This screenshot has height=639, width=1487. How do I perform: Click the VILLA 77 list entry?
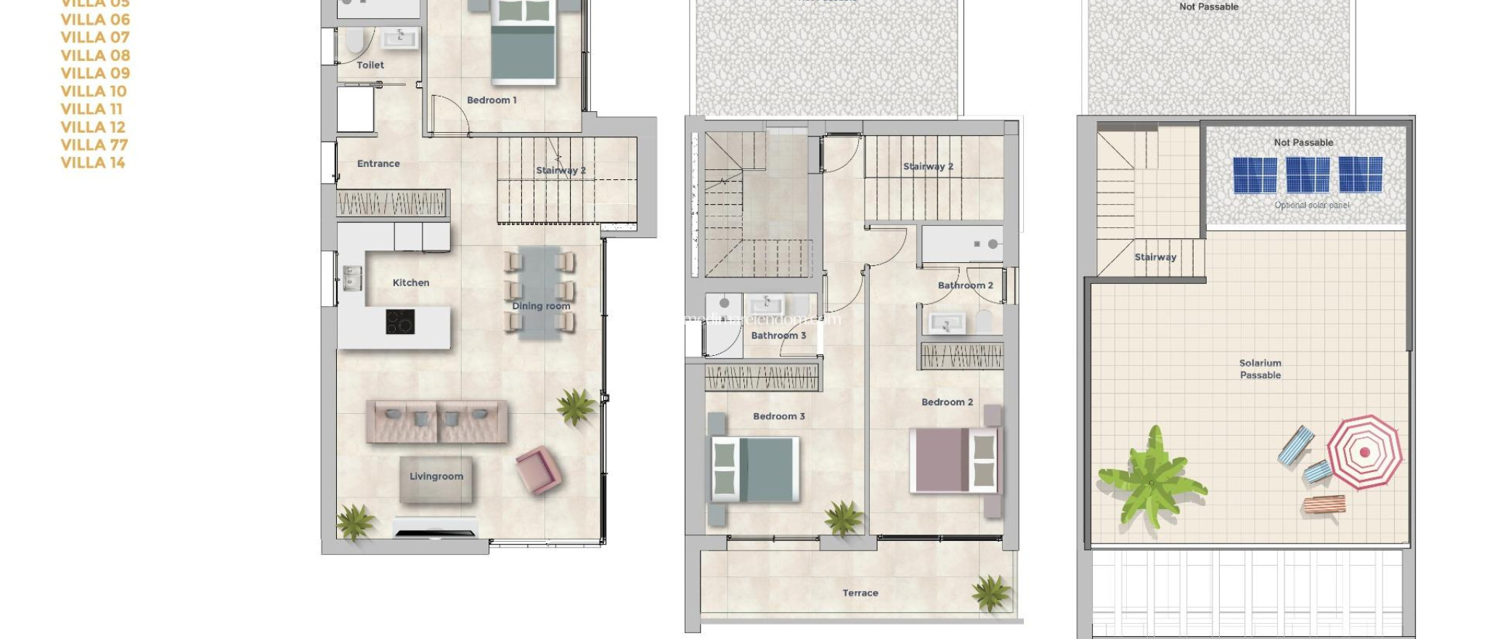tap(94, 145)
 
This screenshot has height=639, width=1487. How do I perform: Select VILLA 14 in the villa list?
tap(93, 163)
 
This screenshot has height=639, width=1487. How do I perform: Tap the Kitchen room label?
tap(411, 282)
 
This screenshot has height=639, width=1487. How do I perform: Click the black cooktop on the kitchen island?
tap(400, 321)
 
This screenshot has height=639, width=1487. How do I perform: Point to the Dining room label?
tap(541, 306)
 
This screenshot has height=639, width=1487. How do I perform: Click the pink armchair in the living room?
tap(538, 469)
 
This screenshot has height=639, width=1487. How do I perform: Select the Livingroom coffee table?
tap(436, 479)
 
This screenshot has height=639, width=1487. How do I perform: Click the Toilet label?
tap(370, 65)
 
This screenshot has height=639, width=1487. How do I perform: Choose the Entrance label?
tap(378, 163)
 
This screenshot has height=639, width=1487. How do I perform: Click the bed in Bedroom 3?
tap(754, 470)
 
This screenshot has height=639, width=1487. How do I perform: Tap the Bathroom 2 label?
tap(965, 285)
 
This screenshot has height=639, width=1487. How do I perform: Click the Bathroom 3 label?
tap(778, 335)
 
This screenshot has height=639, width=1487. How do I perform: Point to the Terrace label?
tap(860, 593)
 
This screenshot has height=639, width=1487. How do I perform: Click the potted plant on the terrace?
tap(991, 593)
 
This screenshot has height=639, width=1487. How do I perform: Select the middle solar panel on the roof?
tap(1308, 174)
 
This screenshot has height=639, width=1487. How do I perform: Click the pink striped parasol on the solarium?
tap(1364, 452)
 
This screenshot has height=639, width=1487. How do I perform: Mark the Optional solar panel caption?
tap(1312, 205)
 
